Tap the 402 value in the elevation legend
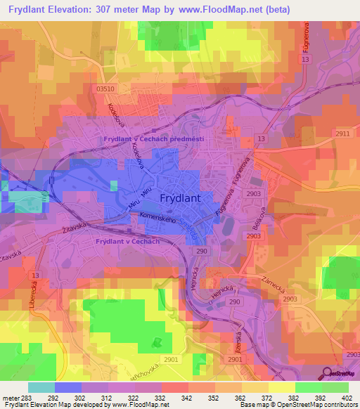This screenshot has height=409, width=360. point(346,397)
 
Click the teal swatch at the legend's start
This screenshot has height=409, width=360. point(41,387)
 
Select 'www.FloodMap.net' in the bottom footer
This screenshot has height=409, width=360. point(140,405)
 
